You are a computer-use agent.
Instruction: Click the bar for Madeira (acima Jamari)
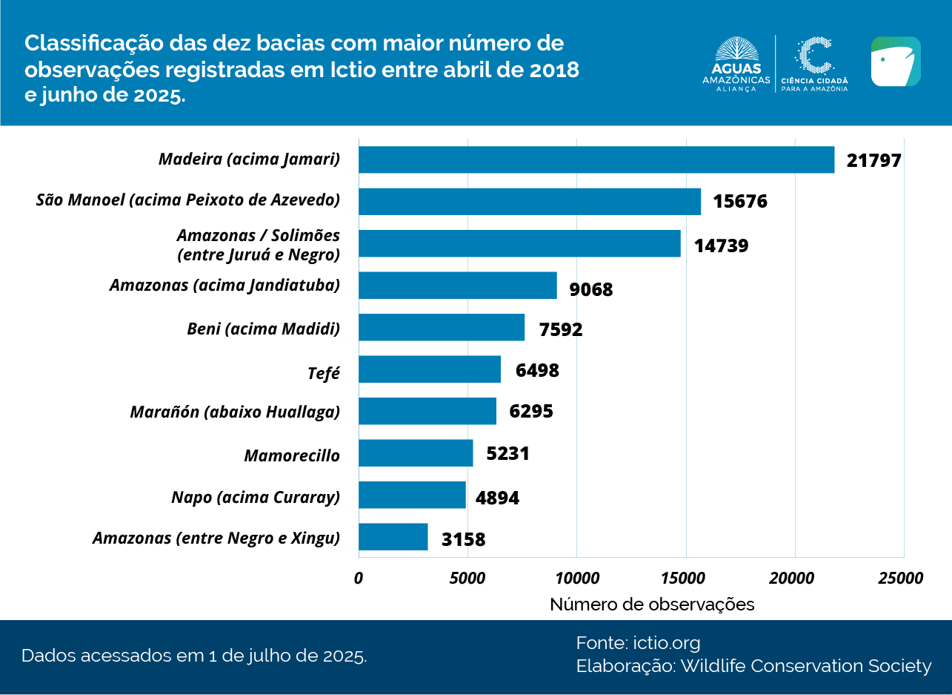coord(596,159)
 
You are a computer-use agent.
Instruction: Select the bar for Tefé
coord(430,369)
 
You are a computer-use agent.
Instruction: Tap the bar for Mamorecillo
coord(416,453)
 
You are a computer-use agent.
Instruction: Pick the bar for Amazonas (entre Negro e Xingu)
coord(393,537)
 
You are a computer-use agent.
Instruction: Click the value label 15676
coord(739,202)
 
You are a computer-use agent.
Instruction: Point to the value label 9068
coord(590,289)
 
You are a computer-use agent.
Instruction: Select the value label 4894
coord(497,498)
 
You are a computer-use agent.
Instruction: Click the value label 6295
coord(530,412)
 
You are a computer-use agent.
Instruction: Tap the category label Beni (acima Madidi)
coord(263,329)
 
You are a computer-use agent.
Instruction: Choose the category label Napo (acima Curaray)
coord(255,497)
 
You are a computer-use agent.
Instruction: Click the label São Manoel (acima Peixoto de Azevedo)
coord(187,200)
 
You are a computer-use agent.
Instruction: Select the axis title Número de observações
coord(652,605)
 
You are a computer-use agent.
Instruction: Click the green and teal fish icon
coord(895,62)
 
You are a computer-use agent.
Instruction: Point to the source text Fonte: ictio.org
coord(638,642)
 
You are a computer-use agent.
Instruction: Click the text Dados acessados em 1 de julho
coord(194,656)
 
